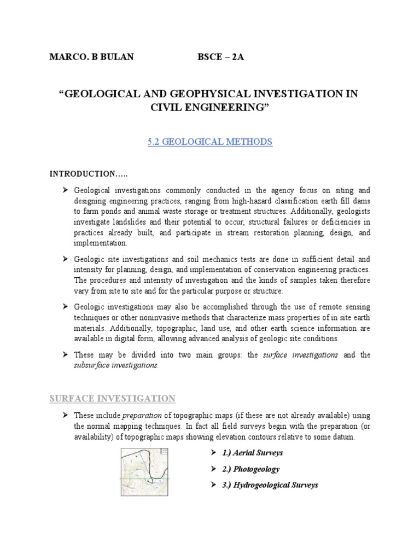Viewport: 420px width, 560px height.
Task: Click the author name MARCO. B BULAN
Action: [91, 57]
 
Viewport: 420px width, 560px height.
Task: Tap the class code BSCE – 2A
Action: [220, 57]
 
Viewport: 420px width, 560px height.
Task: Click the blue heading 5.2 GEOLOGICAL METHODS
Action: [210, 142]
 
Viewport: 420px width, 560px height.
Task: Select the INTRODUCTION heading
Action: [89, 174]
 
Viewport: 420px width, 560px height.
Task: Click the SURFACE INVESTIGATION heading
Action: [113, 399]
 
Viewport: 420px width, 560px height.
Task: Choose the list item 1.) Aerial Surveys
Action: [253, 453]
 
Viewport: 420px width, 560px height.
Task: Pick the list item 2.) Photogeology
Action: [250, 469]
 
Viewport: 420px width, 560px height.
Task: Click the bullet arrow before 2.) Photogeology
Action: [214, 469]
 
